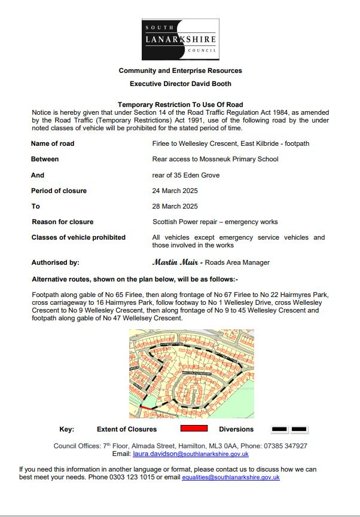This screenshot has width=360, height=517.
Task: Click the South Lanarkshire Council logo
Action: coord(180,39)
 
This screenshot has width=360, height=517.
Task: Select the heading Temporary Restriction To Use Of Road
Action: coord(180,105)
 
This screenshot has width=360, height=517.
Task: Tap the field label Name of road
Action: coord(53,144)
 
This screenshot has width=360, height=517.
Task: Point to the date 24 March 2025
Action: coord(175,191)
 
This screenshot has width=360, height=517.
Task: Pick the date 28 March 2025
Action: coord(175,206)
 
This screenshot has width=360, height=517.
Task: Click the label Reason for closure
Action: coord(63,222)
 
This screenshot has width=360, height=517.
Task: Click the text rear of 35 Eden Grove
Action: coord(186,175)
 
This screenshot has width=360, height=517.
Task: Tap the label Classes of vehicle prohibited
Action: coord(78,237)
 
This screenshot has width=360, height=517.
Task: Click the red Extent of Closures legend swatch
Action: coord(194,429)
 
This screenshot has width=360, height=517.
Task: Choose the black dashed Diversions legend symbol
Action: coord(289,429)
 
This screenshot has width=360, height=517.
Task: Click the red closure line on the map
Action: coord(145,408)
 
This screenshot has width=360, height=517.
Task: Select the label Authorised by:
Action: coord(55,262)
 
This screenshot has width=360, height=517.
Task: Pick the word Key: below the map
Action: coord(66,429)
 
